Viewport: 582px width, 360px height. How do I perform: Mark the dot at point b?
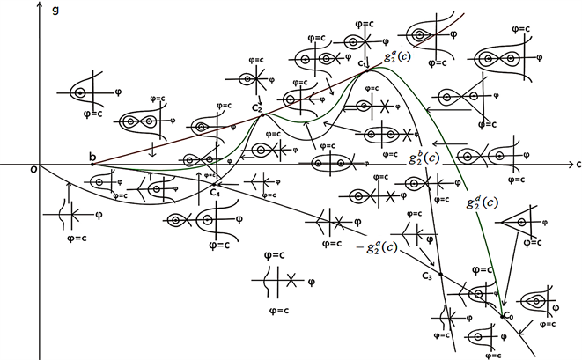(x=92, y=165)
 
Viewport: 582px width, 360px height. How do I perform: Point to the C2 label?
(x=256, y=107)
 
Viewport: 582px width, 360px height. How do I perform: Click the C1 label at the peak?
(x=362, y=62)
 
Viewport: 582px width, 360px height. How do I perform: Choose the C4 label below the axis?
(x=216, y=192)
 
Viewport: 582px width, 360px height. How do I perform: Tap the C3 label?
(x=427, y=277)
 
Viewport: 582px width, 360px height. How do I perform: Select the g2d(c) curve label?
(x=483, y=202)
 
